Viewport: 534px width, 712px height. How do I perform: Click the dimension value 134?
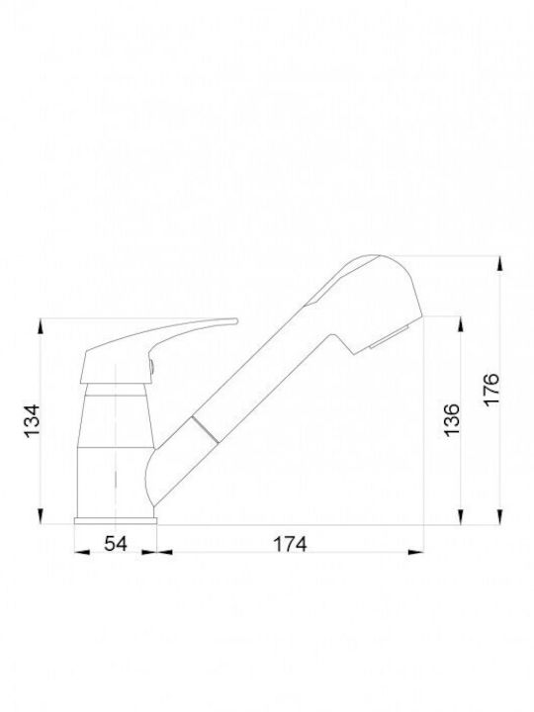(33, 420)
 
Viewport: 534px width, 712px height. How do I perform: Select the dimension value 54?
(116, 543)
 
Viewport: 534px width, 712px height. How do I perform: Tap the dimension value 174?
(290, 544)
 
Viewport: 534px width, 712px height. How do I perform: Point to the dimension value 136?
(452, 420)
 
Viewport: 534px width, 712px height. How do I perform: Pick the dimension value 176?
(491, 390)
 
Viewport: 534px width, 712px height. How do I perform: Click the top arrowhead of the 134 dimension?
(41, 327)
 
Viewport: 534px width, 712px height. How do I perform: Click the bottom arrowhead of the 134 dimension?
(41, 516)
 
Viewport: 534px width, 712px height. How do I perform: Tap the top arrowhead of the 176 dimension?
(500, 264)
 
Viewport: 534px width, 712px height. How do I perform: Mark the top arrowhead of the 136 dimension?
(461, 326)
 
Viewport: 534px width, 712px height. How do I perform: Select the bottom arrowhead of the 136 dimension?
(461, 516)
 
